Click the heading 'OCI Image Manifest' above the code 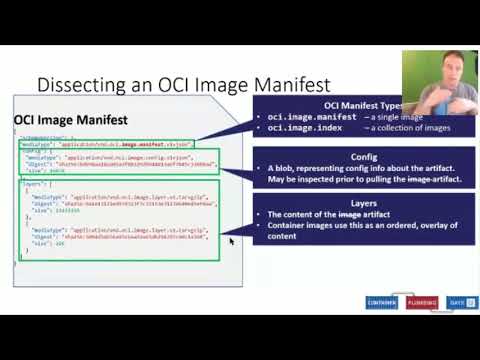click(70, 120)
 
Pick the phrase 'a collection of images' click(409, 128)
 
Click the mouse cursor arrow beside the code click(231, 241)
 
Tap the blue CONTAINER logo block click(381, 302)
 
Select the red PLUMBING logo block click(422, 302)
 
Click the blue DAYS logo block click(457, 302)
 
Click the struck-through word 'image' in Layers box click(351, 215)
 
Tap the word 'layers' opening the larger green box click(31, 185)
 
